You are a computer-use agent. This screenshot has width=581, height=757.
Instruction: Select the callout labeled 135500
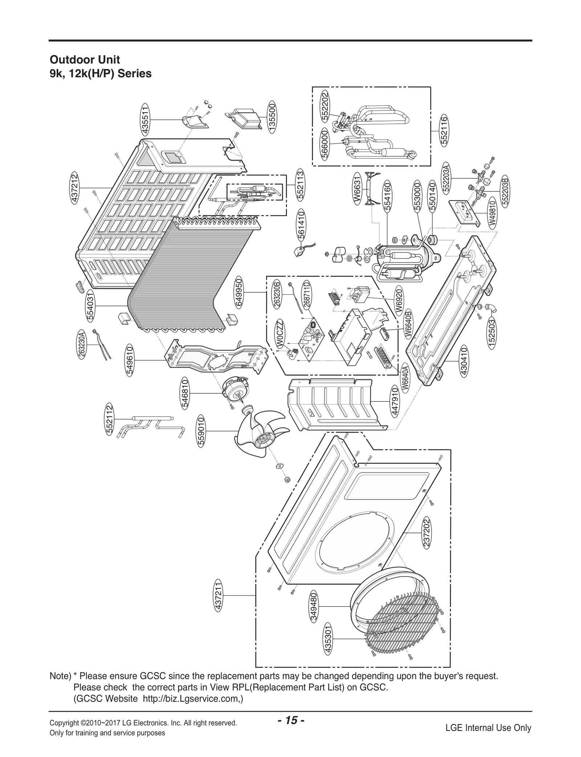coord(272,119)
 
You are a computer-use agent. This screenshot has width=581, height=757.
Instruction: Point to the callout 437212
coord(75,187)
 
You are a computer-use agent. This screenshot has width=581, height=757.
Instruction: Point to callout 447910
coord(394,401)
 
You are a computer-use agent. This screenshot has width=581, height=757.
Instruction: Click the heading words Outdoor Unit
coord(85,60)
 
